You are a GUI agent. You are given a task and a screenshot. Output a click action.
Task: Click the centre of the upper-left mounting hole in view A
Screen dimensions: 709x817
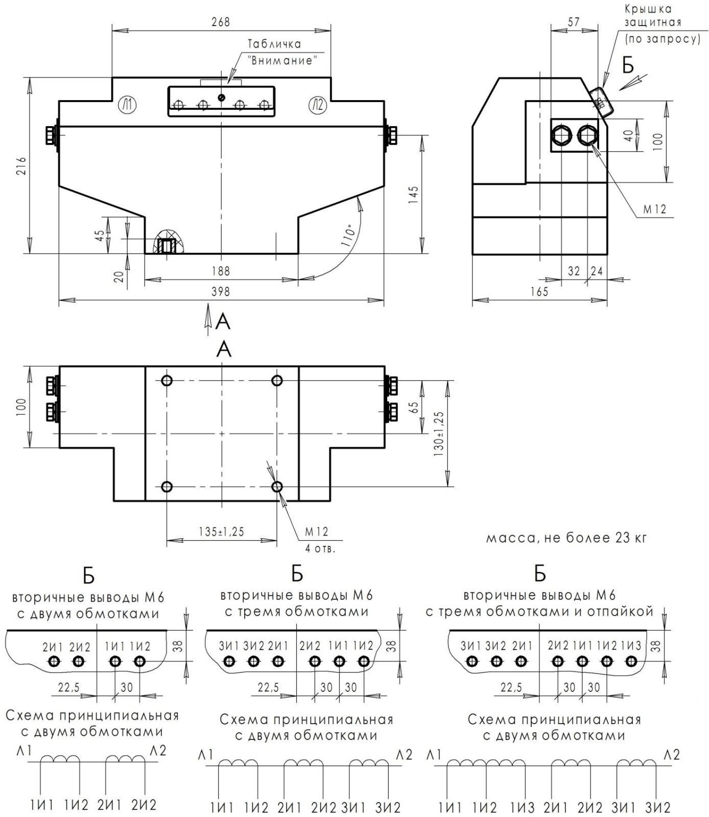click(167, 380)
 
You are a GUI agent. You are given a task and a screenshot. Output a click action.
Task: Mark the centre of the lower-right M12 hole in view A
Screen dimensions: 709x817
click(277, 487)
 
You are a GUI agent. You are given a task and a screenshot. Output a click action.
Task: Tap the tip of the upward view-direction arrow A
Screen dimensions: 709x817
click(208, 305)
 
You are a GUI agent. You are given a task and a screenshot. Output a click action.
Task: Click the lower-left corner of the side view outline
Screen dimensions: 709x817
click(472, 254)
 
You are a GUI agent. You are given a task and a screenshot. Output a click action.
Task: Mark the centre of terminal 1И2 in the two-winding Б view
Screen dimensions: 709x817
click(139, 662)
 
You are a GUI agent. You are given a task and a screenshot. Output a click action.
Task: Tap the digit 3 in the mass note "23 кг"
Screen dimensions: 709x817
click(626, 538)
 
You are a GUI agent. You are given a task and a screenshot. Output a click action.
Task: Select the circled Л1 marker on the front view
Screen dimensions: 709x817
click(126, 105)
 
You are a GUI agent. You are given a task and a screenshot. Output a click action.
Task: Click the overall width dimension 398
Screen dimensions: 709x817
click(221, 291)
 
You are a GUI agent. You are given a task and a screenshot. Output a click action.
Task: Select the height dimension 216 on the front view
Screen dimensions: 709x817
click(21, 165)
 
